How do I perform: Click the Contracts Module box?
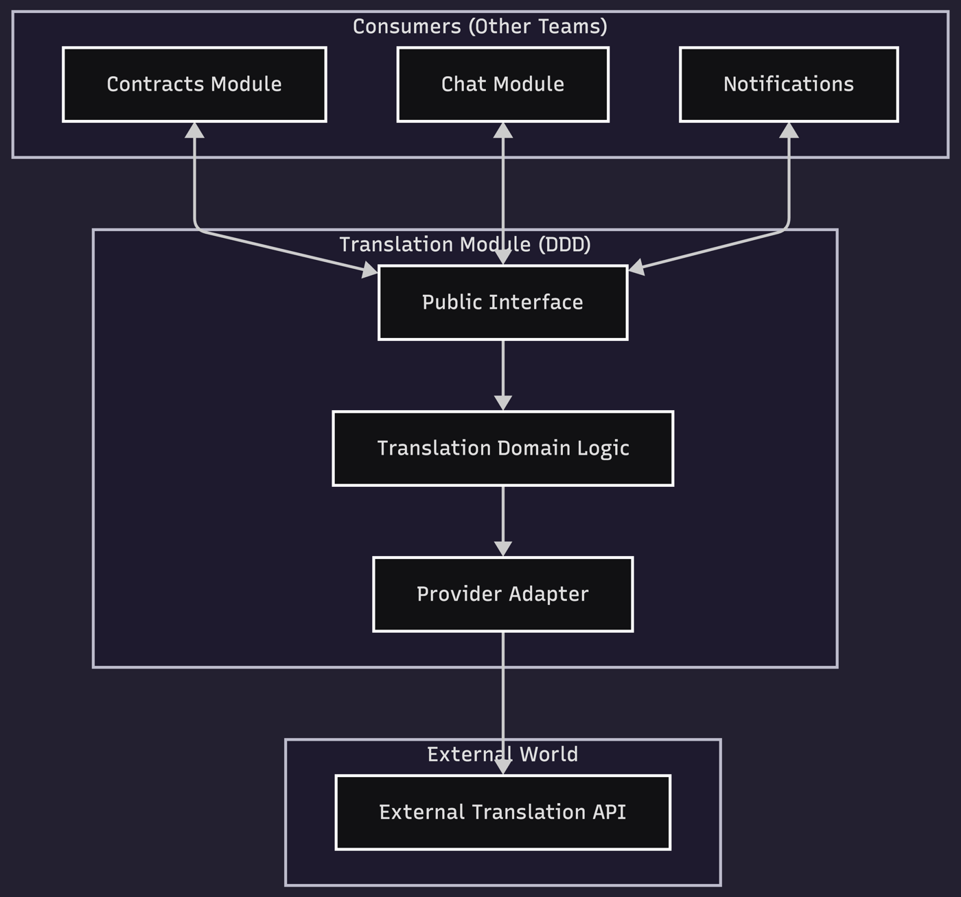click(194, 84)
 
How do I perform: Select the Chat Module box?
click(502, 84)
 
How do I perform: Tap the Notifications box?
click(789, 84)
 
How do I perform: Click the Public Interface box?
click(502, 302)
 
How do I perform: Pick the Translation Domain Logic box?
click(502, 449)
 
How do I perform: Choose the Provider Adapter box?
click(502, 594)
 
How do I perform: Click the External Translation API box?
click(502, 812)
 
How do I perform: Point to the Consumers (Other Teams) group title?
click(480, 27)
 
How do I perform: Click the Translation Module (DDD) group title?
click(465, 245)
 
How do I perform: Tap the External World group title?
click(502, 754)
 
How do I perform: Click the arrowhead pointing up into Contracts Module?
click(195, 130)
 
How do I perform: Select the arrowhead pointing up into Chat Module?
click(503, 130)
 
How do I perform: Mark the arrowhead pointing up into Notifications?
click(789, 130)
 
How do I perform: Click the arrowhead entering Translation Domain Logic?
click(503, 403)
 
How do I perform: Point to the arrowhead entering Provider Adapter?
click(503, 549)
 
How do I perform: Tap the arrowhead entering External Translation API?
click(503, 767)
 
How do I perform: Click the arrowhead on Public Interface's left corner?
click(370, 271)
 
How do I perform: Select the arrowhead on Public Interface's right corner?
click(636, 268)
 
